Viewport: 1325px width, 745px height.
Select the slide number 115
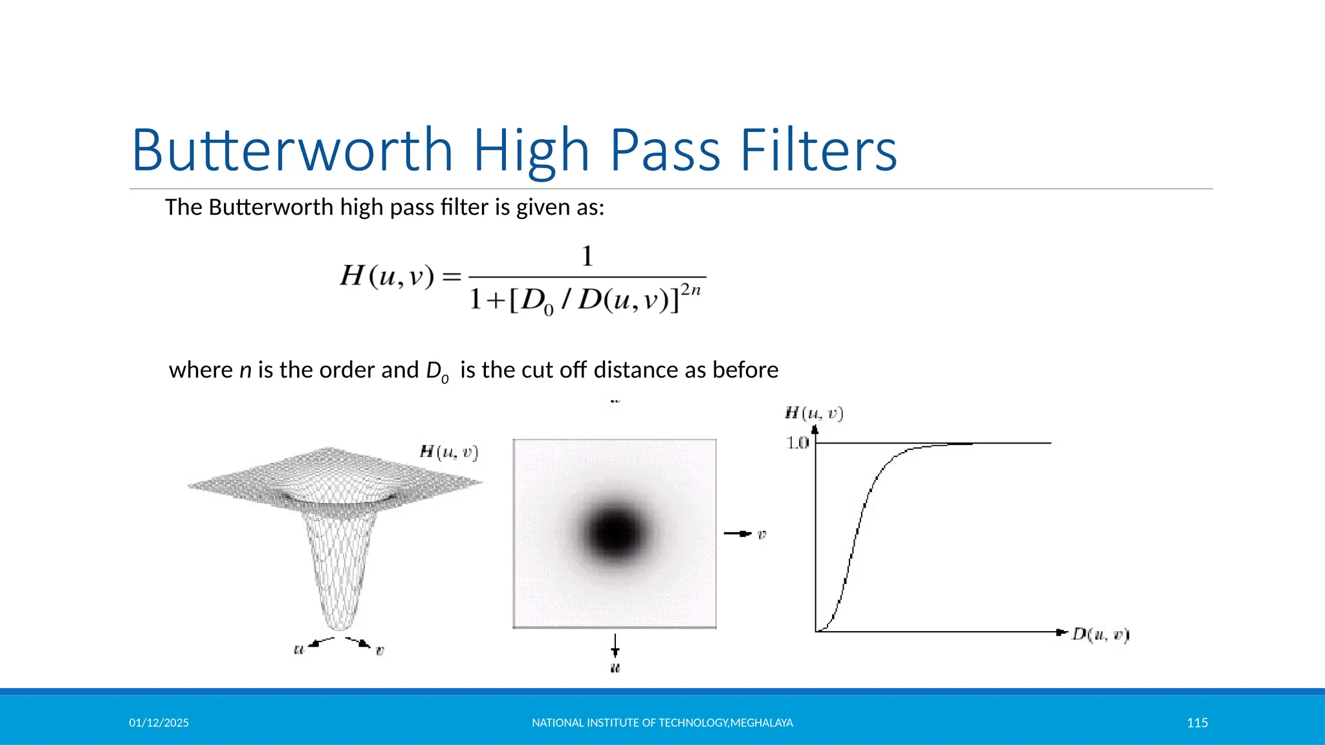tap(1197, 723)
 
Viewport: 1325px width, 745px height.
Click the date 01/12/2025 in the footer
tap(159, 723)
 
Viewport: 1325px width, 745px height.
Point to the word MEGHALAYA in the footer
tap(761, 723)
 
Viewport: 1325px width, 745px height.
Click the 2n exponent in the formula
tap(690, 290)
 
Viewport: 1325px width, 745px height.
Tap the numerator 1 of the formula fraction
tap(587, 257)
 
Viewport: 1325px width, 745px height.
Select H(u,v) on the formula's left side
tap(387, 277)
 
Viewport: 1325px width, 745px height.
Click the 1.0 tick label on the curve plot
tap(797, 443)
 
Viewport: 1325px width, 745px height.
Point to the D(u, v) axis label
tap(1100, 634)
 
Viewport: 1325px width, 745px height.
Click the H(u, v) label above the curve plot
tap(814, 413)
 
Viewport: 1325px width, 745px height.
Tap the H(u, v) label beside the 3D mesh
tap(449, 452)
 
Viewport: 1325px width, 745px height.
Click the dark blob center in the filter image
tap(614, 532)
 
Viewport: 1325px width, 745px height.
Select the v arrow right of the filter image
tap(744, 534)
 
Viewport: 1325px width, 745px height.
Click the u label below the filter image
tap(615, 667)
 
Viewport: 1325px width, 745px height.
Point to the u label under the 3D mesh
tap(299, 649)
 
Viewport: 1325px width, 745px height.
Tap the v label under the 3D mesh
tap(380, 650)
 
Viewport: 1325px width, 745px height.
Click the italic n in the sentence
tap(245, 371)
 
